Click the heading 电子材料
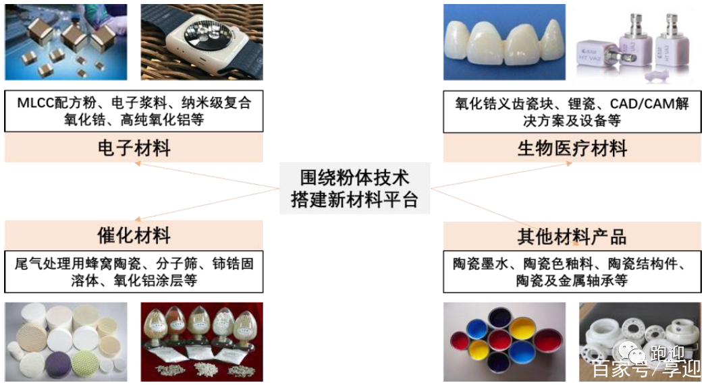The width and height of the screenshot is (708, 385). (134, 148)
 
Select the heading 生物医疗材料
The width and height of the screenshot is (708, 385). (572, 148)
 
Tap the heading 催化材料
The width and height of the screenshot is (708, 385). (134, 235)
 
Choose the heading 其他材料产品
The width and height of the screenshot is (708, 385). (572, 236)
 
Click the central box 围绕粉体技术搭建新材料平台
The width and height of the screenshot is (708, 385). (354, 188)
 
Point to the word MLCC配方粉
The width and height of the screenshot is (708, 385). (57, 102)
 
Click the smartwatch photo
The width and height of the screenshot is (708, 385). (202, 42)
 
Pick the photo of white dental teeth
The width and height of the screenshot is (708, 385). (504, 42)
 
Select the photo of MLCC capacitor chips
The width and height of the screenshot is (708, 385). (66, 42)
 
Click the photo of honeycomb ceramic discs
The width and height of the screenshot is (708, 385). (66, 342)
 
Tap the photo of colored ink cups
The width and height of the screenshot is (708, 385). (504, 342)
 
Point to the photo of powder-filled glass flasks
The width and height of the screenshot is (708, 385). (202, 342)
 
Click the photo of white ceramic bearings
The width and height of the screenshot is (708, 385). (641, 342)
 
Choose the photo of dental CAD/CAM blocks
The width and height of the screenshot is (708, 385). (633, 45)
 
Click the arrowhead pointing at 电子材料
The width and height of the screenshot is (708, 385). (138, 164)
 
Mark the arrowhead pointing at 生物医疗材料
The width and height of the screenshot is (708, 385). (569, 164)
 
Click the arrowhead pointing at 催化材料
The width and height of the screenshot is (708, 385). (138, 219)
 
